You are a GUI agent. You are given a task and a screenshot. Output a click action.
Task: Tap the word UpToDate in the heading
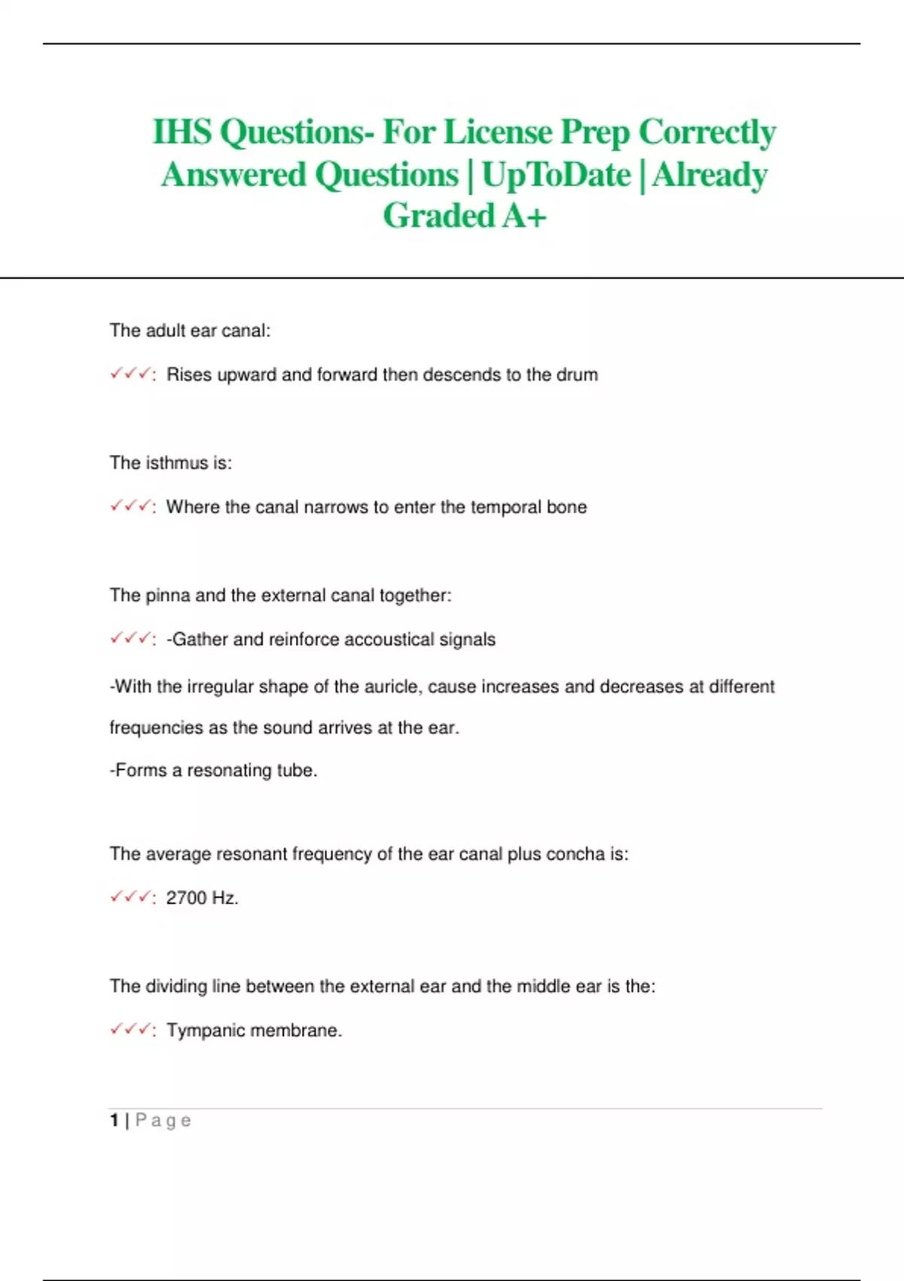556,175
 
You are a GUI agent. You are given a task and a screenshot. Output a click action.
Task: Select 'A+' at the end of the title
524,216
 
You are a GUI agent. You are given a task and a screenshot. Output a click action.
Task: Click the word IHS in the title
182,132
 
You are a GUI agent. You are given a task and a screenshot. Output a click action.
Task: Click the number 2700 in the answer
186,897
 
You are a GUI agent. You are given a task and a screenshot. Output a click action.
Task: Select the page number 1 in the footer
114,1120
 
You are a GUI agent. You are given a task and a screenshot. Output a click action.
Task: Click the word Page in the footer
163,1120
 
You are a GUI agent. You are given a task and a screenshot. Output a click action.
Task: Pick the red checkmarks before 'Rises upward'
130,374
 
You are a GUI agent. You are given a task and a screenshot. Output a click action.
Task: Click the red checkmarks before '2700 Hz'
130,897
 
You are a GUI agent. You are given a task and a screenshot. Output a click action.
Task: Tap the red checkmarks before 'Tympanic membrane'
130,1029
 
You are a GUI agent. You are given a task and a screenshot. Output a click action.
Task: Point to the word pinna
167,595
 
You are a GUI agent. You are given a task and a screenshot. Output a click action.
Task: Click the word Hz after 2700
224,897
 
